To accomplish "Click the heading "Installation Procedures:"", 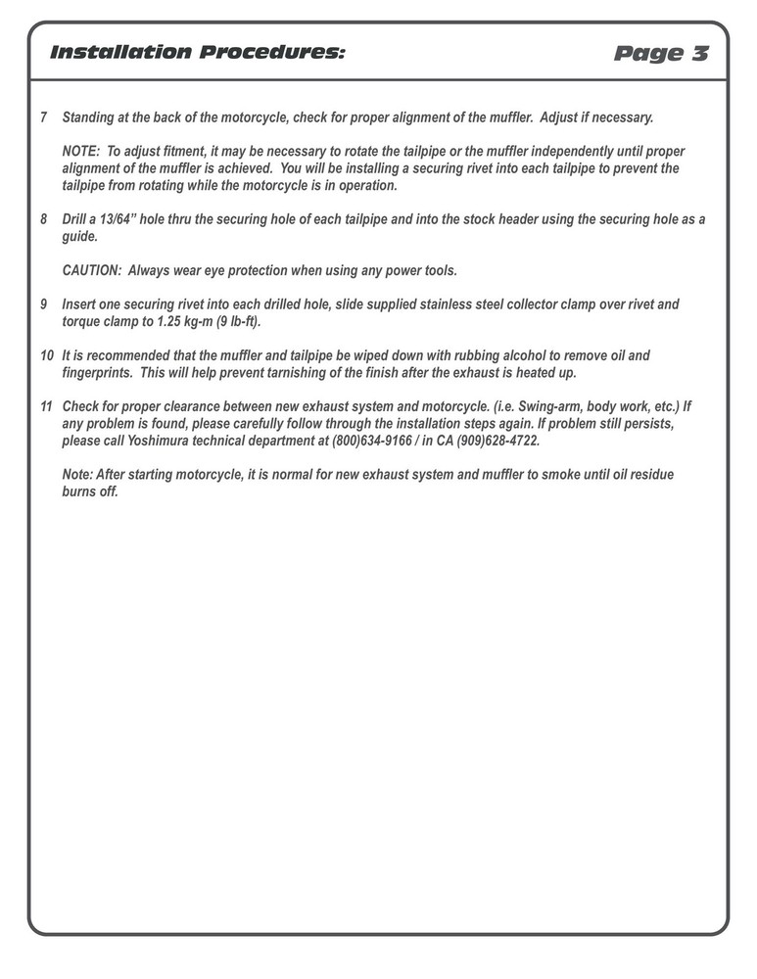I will coord(197,52).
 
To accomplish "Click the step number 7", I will coord(44,117).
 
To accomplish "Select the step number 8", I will coord(44,219).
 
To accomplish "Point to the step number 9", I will coord(44,304).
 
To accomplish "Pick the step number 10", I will coord(47,355).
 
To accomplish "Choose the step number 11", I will coord(47,406).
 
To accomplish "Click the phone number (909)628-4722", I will coord(498,441).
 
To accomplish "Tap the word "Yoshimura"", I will coord(146,441).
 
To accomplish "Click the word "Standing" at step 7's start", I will coord(88,117).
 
